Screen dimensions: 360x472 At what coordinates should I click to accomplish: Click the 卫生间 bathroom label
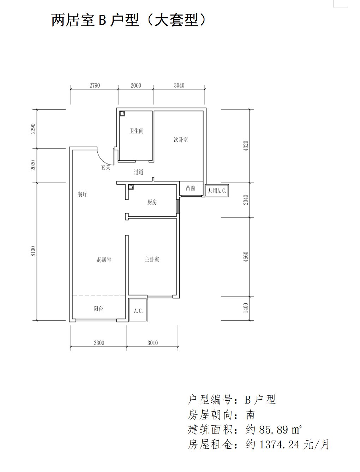(x=136, y=131)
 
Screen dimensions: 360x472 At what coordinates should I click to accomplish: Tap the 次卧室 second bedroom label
(x=181, y=140)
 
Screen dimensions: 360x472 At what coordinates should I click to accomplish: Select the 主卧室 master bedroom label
(x=152, y=259)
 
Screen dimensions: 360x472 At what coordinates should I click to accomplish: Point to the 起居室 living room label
(x=104, y=259)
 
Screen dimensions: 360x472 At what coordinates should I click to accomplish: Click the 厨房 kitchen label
(x=152, y=202)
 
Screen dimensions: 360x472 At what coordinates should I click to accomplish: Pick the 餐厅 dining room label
(x=82, y=194)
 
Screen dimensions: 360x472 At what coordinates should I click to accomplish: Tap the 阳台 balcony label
(x=98, y=309)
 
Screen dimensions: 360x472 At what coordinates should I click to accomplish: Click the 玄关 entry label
(x=106, y=167)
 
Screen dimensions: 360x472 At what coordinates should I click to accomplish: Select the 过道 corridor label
(x=138, y=172)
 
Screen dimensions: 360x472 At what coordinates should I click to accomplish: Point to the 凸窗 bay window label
(x=191, y=189)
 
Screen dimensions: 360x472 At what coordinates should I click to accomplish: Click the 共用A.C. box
(x=217, y=191)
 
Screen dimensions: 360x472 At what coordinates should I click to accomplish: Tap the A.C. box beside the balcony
(x=138, y=310)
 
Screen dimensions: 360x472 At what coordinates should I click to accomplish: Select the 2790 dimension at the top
(x=95, y=85)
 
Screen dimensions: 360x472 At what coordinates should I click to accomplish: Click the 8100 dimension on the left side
(x=33, y=251)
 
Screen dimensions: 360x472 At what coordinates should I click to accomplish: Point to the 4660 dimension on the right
(x=246, y=257)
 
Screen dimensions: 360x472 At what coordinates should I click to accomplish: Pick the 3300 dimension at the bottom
(x=99, y=343)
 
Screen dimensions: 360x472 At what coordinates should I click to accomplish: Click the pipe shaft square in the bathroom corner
(x=122, y=114)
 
